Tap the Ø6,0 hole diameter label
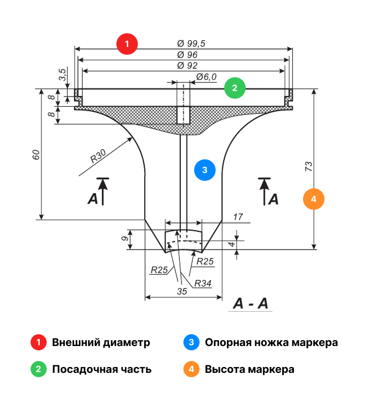tap(206, 77)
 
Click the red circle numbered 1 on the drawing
tap(127, 44)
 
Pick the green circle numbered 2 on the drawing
tap(234, 87)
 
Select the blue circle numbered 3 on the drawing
tap(204, 170)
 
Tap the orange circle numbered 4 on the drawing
tap(314, 199)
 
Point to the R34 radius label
tap(203, 283)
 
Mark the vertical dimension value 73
tap(308, 166)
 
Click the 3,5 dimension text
tap(63, 75)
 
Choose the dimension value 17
tap(238, 217)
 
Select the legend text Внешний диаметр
tap(101, 342)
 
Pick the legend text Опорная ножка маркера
tap(271, 342)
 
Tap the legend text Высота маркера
tap(249, 369)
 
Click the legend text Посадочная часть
tap(101, 369)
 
